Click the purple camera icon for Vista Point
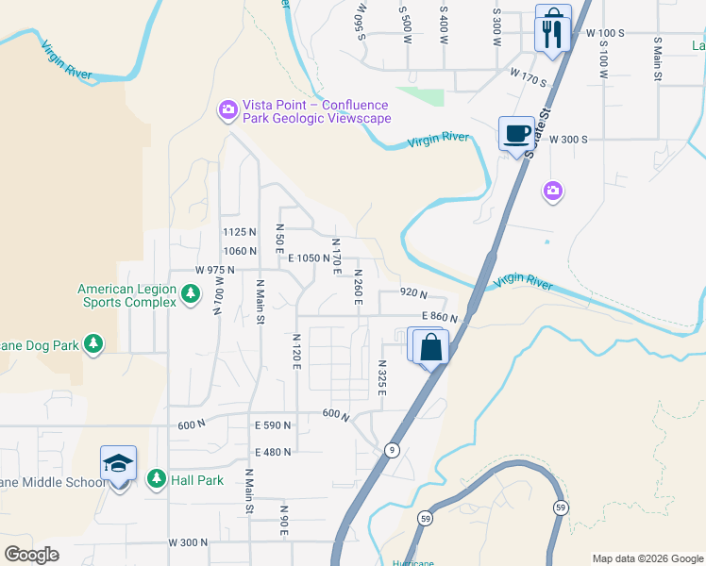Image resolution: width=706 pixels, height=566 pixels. point(227,111)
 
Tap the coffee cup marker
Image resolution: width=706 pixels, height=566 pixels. point(516,133)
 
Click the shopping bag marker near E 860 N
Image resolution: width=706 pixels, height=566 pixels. point(430,346)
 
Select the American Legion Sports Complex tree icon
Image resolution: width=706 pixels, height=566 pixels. point(191,295)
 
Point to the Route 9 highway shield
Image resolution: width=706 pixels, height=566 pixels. point(392,449)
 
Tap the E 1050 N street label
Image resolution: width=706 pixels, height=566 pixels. point(309,258)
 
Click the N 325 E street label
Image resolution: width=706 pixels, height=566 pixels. point(382,377)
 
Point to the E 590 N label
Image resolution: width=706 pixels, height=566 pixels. point(273,426)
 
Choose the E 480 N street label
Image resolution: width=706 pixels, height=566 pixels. point(273,452)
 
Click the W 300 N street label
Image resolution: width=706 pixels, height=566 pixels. point(188,542)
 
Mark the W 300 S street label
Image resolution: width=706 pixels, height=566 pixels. point(569,139)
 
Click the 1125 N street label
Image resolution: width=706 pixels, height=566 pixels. point(240,232)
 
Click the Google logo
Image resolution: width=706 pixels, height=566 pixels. point(31,555)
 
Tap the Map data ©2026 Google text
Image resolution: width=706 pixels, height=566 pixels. point(647,558)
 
